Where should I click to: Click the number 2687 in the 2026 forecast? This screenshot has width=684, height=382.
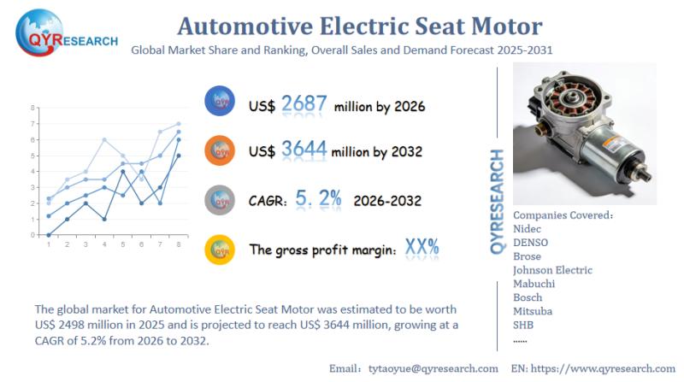click(304, 104)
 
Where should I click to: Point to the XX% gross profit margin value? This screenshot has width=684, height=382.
click(422, 248)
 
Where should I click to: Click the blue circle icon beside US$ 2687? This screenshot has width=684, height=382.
click(220, 102)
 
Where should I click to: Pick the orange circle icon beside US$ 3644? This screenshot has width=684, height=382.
click(220, 150)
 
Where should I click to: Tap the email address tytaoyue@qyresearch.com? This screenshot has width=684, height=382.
click(431, 367)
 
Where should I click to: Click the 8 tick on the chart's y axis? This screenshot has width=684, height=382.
click(32, 108)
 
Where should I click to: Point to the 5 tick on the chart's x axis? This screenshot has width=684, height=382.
click(123, 244)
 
